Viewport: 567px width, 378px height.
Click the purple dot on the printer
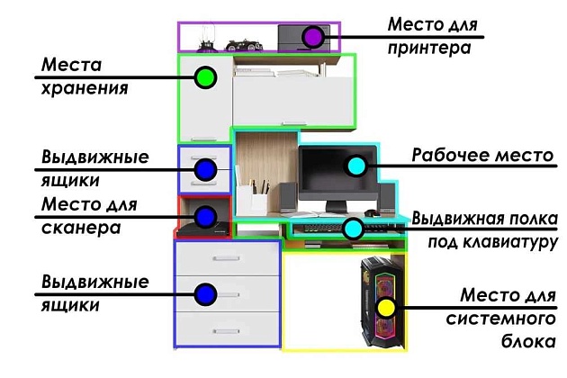312,37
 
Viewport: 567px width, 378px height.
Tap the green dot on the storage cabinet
205,78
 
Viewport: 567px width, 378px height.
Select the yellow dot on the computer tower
385,307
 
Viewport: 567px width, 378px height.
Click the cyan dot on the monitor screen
356,166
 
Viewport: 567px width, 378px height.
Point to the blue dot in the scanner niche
204,216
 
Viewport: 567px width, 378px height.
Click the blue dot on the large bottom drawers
204,293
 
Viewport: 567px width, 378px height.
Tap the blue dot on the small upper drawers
204,168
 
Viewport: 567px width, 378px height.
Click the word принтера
429,45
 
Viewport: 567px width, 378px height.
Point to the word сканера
81,228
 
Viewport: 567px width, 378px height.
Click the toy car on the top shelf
242,44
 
